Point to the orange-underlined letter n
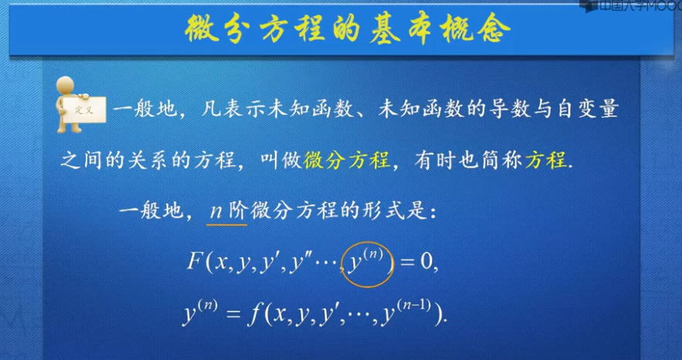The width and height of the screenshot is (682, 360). coord(215,210)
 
